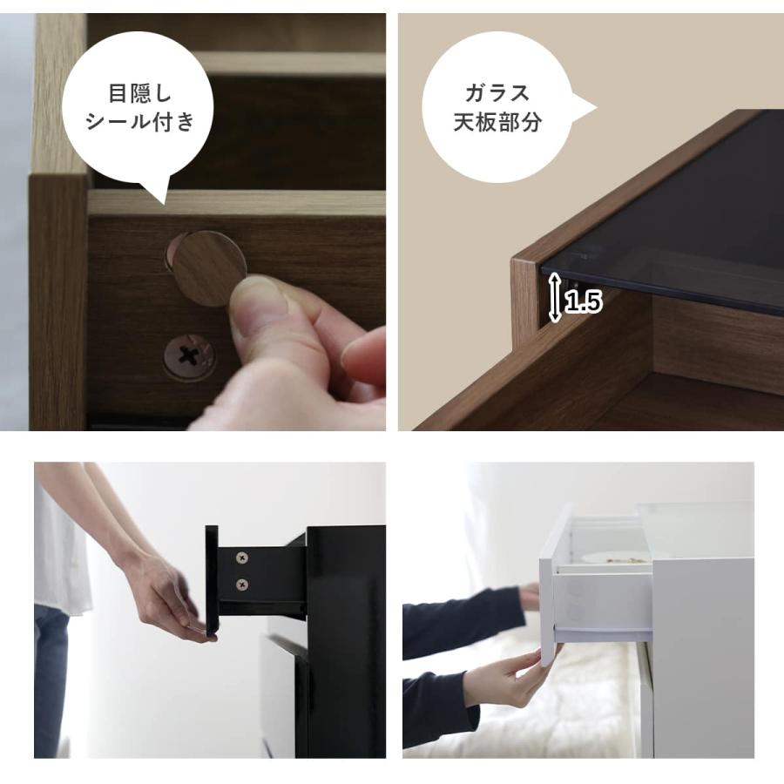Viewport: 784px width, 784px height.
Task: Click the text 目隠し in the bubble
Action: [x=139, y=92]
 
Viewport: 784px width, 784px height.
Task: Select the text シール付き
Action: [x=139, y=121]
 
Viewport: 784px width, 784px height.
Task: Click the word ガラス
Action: [x=497, y=92]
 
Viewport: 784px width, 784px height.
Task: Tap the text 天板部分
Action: [x=497, y=122]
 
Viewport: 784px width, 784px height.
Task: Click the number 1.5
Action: [x=583, y=303]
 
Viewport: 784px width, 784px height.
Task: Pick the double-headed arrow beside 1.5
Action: [x=554, y=302]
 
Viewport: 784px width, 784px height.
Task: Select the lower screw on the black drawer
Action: [x=241, y=584]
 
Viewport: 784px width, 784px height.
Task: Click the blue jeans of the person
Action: [x=52, y=679]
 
